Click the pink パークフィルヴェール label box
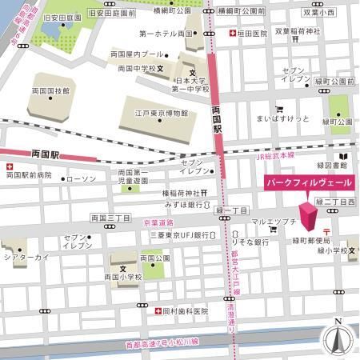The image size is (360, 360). [308, 183]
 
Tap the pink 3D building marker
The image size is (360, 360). [309, 215]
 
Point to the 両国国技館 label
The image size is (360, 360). [49, 91]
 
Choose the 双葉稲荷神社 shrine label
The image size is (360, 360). [298, 31]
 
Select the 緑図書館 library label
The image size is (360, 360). [332, 166]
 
